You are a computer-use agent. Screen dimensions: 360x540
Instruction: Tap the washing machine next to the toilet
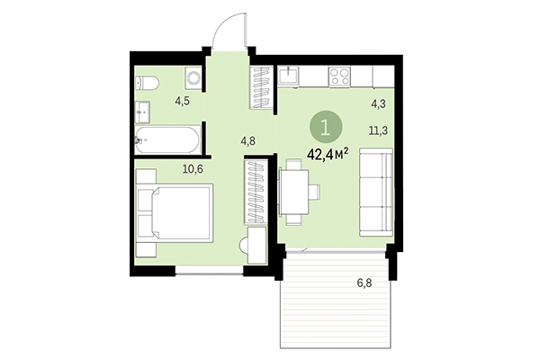pos(192,77)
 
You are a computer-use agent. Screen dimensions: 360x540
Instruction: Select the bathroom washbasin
pos(144,112)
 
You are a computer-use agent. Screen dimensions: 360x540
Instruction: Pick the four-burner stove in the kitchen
pos(341,77)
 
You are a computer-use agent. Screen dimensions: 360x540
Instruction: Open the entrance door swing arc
pos(232,31)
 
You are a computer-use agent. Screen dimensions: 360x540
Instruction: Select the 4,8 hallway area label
pos(248,139)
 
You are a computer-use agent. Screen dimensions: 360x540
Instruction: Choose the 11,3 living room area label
pos(379,129)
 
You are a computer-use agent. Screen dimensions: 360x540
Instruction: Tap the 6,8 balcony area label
pos(364,283)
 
